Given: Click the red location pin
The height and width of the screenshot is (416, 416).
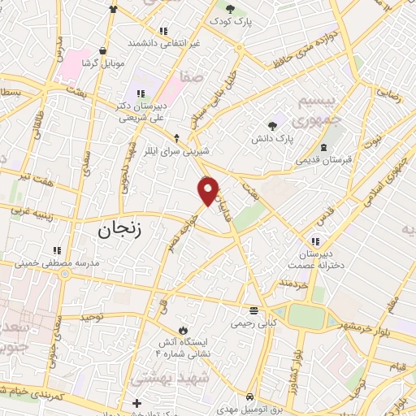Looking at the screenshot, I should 209,190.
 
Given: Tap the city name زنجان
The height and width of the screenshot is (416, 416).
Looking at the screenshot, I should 119,230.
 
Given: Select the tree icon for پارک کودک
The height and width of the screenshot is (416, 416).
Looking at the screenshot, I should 231,11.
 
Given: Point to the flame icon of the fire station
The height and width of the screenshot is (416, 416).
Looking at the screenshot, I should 183,330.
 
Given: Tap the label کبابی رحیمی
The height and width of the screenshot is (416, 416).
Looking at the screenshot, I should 254,323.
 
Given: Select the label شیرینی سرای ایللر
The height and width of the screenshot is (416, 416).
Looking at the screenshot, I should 176,151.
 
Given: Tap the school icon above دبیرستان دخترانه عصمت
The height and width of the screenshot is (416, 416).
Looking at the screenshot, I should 315,240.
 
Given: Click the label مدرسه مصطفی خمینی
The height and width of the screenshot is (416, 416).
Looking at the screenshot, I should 58,263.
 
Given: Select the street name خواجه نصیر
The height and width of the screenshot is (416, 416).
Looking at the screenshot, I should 181,230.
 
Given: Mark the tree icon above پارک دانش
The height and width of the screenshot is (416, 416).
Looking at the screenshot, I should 272,125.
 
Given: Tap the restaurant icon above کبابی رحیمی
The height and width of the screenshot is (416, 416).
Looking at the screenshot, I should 254,310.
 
